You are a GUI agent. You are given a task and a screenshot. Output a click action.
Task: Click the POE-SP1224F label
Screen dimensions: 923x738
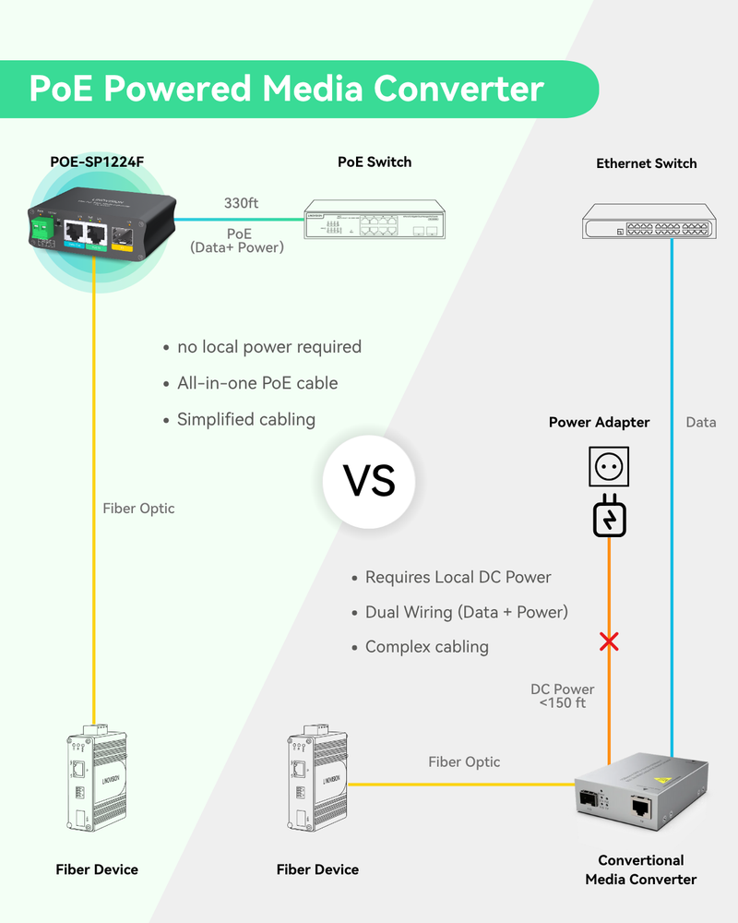pyautogui.click(x=96, y=162)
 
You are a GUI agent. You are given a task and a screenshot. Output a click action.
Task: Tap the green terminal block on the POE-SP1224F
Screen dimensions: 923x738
pyautogui.click(x=41, y=233)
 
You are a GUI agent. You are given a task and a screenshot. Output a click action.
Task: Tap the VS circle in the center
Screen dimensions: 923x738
pyautogui.click(x=369, y=481)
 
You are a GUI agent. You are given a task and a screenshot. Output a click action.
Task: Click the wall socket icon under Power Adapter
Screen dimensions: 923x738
pyautogui.click(x=608, y=467)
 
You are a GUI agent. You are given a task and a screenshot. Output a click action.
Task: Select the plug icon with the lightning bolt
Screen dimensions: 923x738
pyautogui.click(x=608, y=516)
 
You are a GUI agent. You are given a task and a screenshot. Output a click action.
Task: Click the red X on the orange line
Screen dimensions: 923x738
pyautogui.click(x=608, y=641)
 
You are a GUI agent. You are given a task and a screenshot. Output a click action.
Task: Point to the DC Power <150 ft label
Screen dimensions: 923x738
pyautogui.click(x=563, y=696)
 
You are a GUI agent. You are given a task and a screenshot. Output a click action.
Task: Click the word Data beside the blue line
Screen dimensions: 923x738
pyautogui.click(x=701, y=422)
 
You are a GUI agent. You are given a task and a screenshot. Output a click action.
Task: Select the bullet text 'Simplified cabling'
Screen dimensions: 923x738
pyautogui.click(x=246, y=419)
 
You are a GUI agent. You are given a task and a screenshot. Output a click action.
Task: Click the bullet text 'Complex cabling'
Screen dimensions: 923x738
pyautogui.click(x=426, y=646)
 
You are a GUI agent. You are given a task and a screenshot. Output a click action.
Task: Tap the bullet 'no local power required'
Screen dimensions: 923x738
pyautogui.click(x=268, y=347)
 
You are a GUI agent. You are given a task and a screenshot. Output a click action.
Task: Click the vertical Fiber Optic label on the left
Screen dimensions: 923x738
pyautogui.click(x=138, y=508)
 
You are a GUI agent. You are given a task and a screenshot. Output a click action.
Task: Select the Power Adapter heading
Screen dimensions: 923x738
pyautogui.click(x=599, y=422)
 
